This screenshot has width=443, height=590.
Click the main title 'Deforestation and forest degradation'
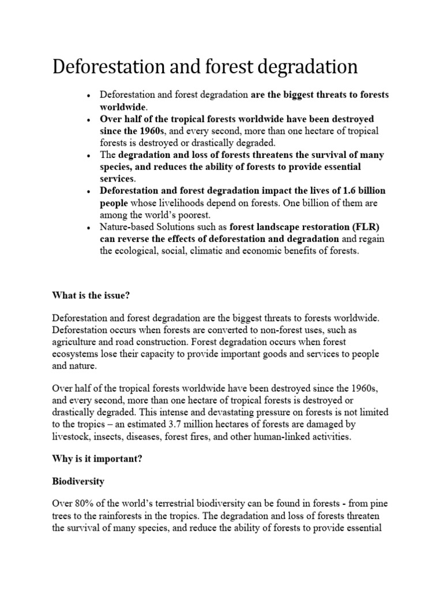click(x=205, y=67)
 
